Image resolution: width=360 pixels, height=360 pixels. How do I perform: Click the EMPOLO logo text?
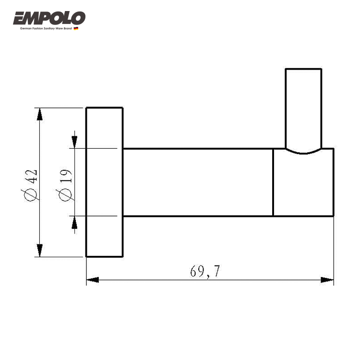[x=49, y=18]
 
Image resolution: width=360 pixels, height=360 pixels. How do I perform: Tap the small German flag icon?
[x=76, y=28]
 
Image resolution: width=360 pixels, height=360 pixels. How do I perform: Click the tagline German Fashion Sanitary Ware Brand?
[x=46, y=28]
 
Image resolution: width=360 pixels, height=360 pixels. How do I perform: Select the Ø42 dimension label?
[x=31, y=185]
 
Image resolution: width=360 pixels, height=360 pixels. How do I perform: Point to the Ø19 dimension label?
[x=65, y=185]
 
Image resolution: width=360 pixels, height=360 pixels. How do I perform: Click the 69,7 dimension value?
[x=205, y=271]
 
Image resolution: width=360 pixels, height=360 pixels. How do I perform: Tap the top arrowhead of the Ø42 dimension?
[x=40, y=114]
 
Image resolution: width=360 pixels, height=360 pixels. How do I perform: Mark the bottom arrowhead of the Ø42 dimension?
[x=40, y=251]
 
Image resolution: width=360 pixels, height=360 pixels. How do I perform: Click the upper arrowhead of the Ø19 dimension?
[x=74, y=143]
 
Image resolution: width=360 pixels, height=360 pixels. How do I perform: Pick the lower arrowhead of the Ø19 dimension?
[x=74, y=222]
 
